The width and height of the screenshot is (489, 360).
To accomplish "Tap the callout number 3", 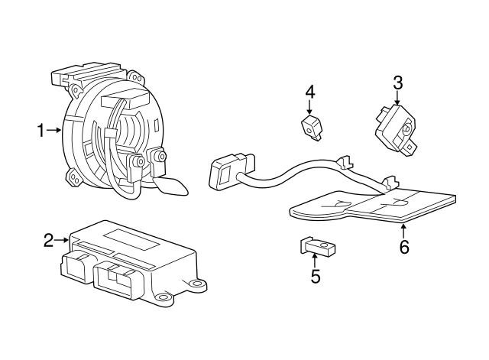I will point(397,83).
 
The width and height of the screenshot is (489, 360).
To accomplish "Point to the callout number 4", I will point(309,92).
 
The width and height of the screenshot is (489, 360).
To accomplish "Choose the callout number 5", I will point(315,276).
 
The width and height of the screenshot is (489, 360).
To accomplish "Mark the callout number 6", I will point(404,246).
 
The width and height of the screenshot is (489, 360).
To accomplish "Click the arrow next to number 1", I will point(54,131).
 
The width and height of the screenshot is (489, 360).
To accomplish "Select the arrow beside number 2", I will point(63,240).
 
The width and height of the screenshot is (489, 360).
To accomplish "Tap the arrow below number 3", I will point(397,99).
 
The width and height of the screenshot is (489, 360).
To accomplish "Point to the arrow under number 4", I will point(309,109).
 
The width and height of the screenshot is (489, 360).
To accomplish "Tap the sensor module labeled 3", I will point(395,128).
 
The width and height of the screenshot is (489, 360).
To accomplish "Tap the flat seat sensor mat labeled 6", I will point(374,206).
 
